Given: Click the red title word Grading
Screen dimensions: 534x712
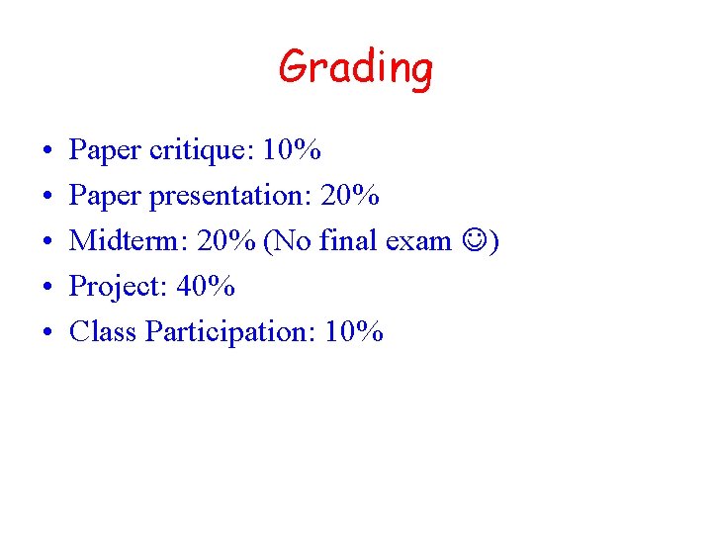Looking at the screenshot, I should (355, 69).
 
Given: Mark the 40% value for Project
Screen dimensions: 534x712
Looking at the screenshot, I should (206, 287).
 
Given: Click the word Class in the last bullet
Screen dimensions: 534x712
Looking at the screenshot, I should (102, 332).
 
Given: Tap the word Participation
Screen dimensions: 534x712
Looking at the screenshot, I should (227, 332).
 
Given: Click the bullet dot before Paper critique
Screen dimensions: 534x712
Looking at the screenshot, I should (48, 152).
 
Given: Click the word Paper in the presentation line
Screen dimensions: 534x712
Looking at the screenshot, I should (104, 196).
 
